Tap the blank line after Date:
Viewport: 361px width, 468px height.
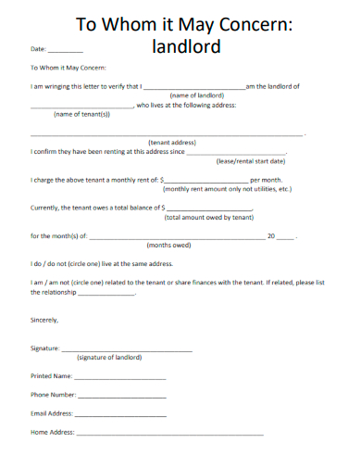pyautogui.click(x=65, y=50)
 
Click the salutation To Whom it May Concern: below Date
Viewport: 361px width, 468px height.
pyautogui.click(x=69, y=68)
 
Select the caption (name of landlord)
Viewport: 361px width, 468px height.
pyautogui.click(x=198, y=95)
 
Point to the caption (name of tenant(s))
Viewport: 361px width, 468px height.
pyautogui.click(x=81, y=114)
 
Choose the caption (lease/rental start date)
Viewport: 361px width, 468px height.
pyautogui.click(x=250, y=160)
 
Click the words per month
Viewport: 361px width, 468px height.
pyautogui.click(x=267, y=180)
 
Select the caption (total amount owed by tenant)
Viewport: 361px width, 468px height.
pyautogui.click(x=208, y=217)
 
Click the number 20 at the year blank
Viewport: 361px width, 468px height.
pyautogui.click(x=271, y=236)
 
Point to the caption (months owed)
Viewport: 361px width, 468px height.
pyautogui.click(x=169, y=246)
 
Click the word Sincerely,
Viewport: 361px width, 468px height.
pyautogui.click(x=44, y=320)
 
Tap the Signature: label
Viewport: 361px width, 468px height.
pyautogui.click(x=45, y=348)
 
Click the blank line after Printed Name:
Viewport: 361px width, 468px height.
pyautogui.click(x=120, y=378)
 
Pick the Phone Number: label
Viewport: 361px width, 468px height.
pyautogui.click(x=52, y=396)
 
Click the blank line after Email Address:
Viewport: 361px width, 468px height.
pyautogui.click(x=120, y=415)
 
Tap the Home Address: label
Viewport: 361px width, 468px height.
pyautogui.click(x=52, y=433)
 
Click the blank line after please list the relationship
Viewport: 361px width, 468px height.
pyautogui.click(x=106, y=293)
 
